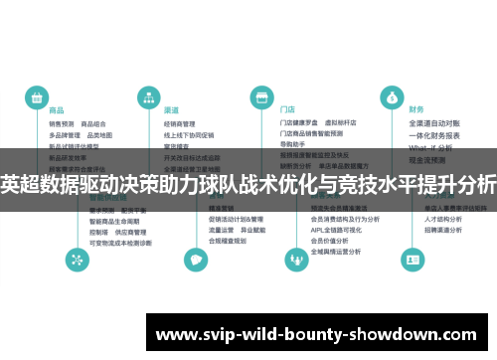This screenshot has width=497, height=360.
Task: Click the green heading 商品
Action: [57, 110]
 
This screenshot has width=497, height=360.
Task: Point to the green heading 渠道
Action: [171, 110]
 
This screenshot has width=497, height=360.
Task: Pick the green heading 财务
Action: [415, 110]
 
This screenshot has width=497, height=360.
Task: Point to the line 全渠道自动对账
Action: [434, 124]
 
